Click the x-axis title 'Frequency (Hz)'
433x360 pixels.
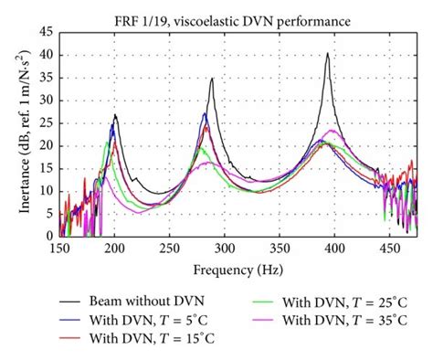pyautogui.click(x=238, y=270)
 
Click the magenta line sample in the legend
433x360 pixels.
pyautogui.click(x=262, y=320)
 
